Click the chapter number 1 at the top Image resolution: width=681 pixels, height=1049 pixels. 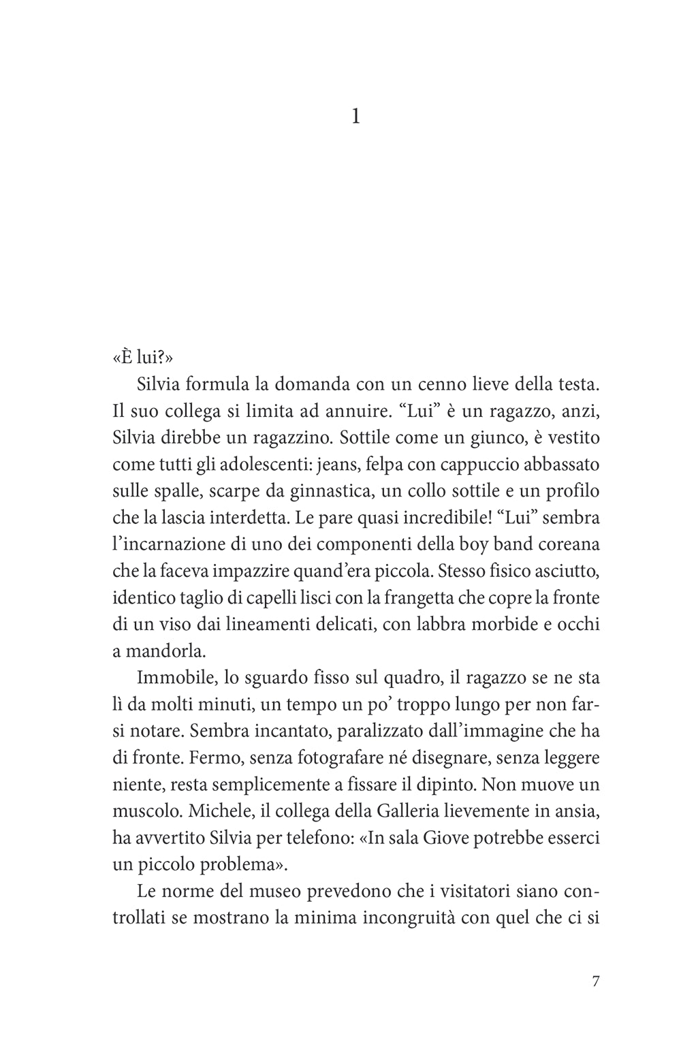355,118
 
